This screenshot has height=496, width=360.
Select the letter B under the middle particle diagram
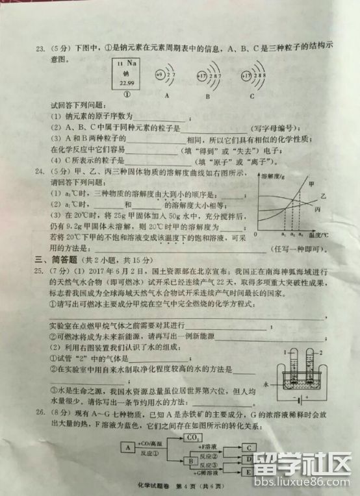207,95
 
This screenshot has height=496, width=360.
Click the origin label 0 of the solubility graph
255,234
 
